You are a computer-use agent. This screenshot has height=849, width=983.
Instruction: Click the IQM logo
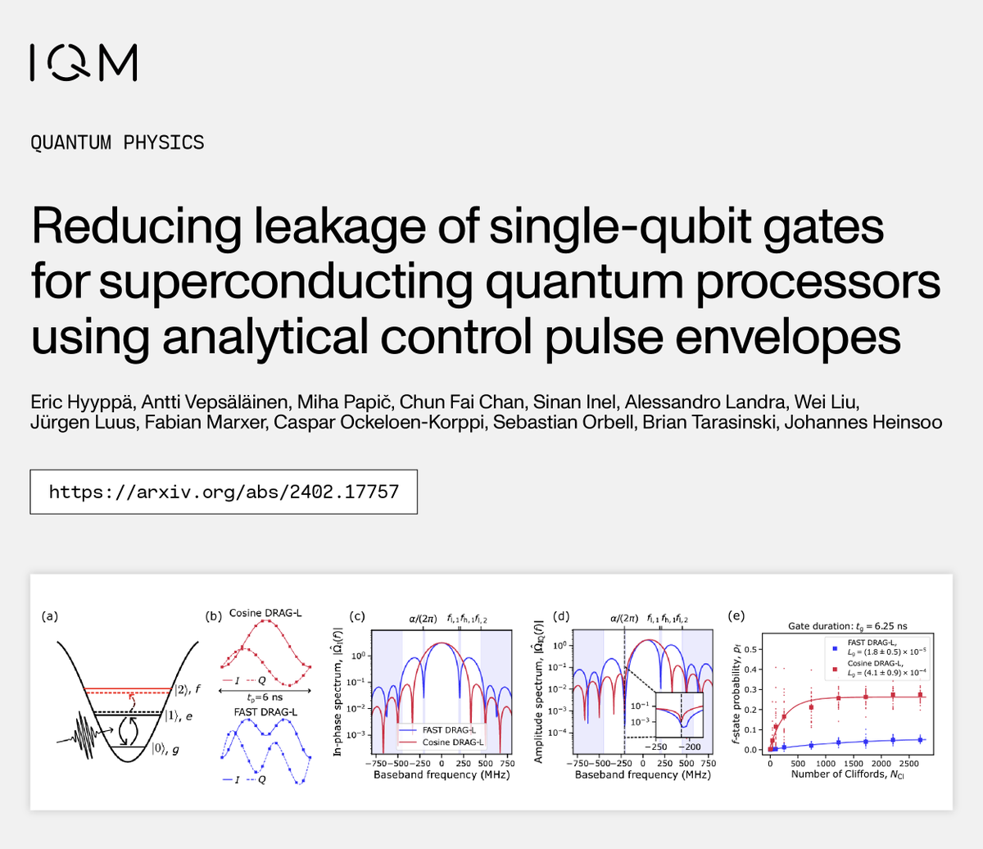[83, 62]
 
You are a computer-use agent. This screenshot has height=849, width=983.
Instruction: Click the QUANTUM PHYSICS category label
[117, 143]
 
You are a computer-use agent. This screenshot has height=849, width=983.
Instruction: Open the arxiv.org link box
[224, 492]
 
